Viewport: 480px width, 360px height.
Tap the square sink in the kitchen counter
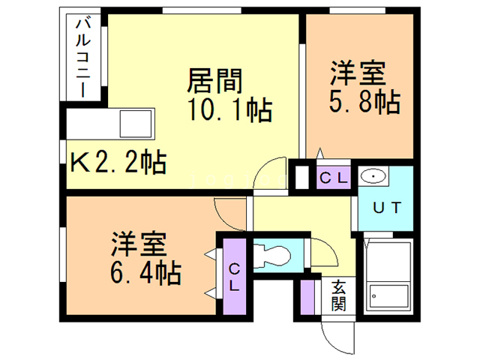click(x=136, y=122)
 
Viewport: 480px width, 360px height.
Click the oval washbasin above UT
click(x=373, y=177)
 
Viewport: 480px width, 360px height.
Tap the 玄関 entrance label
click(x=339, y=294)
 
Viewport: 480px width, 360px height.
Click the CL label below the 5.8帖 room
click(x=332, y=178)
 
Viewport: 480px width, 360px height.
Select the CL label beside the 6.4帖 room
click(x=234, y=275)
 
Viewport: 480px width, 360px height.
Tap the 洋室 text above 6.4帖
click(x=139, y=245)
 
